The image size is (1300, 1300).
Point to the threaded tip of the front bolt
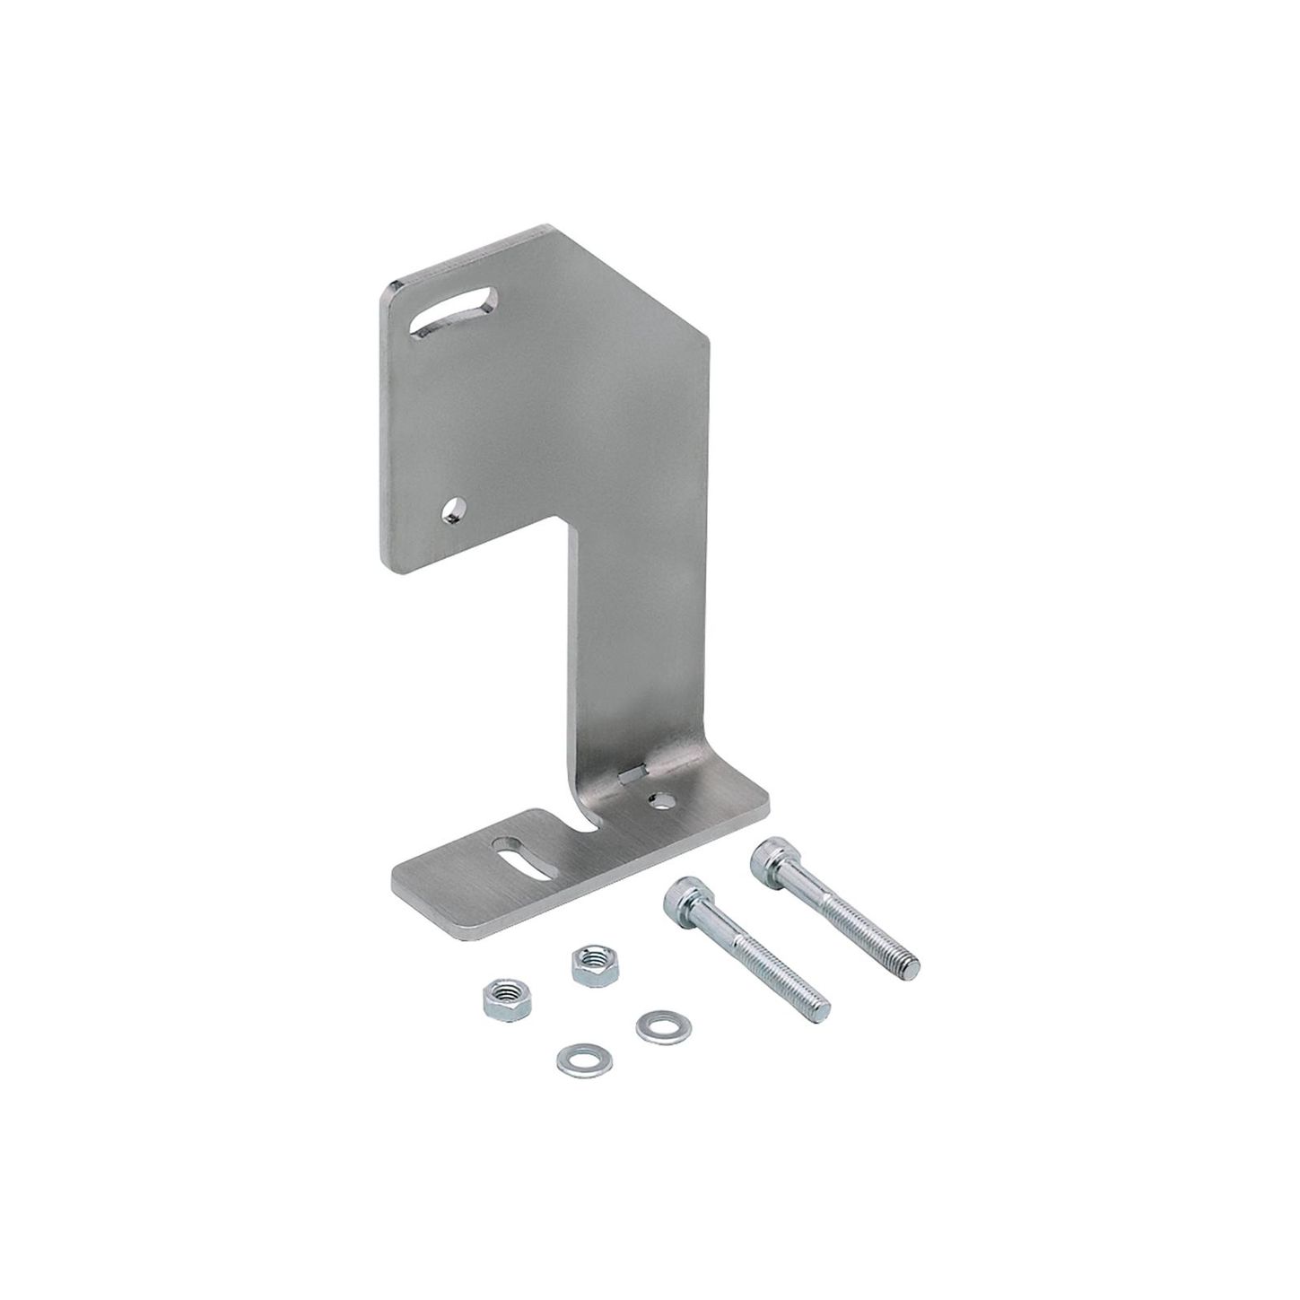click(x=819, y=1011)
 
